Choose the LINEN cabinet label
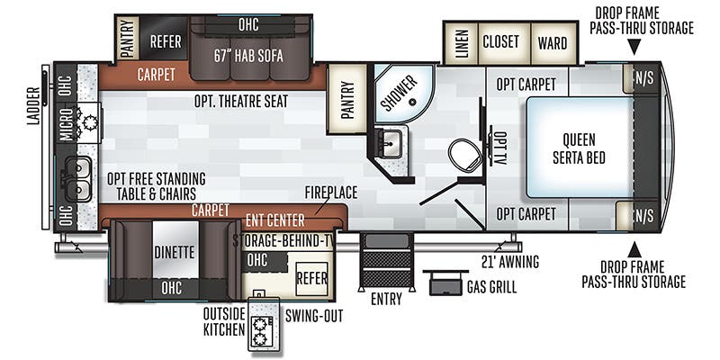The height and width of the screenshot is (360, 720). pyautogui.click(x=461, y=42)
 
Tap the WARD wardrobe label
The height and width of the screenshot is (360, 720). pyautogui.click(x=552, y=42)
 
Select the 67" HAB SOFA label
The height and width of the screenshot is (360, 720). pyautogui.click(x=249, y=55)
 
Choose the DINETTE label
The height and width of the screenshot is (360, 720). pyautogui.click(x=175, y=252)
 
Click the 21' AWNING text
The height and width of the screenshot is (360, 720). pyautogui.click(x=509, y=263)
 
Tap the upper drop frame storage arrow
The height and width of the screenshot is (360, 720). pyautogui.click(x=634, y=49)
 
